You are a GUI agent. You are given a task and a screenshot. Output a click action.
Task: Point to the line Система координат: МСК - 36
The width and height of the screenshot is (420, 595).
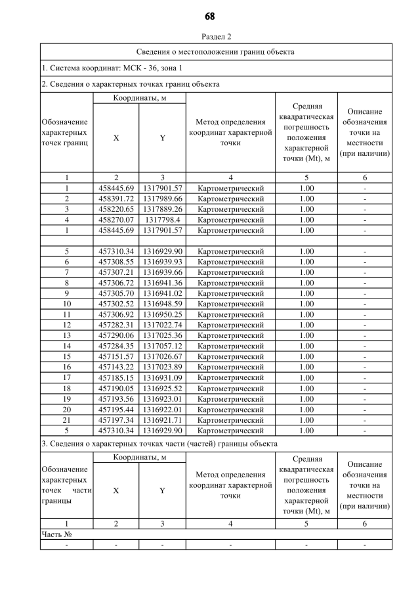pos(112,68)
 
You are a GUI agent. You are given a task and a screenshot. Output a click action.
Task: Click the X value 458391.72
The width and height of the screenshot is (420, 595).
pos(115,199)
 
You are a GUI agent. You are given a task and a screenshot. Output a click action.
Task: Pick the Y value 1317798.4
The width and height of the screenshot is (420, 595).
pos(162,220)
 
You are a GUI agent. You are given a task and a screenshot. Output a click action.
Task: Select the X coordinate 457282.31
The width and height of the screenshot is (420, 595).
pos(115,325)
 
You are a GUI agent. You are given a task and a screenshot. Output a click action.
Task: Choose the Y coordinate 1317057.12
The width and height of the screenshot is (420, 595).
pos(162,346)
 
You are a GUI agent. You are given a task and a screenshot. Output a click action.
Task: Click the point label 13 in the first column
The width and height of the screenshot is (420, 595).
pos(66,335)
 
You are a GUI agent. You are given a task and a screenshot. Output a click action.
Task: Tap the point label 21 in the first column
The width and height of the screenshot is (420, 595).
pos(66,419)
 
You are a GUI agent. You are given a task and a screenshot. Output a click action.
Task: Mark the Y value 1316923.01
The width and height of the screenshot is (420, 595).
pos(162,398)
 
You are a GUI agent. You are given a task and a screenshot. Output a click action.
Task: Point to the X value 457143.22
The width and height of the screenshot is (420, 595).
pos(115,367)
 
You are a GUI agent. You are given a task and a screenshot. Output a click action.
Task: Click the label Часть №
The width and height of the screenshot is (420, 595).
pos(56,535)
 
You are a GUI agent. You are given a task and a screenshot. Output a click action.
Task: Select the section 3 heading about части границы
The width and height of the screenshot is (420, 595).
pos(159,444)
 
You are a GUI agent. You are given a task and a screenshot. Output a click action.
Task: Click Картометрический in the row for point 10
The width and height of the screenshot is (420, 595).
pos(230,304)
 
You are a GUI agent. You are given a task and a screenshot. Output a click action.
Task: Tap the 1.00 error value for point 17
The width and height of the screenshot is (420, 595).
pos(306,377)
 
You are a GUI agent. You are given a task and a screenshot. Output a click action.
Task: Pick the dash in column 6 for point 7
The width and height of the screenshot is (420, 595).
pos(365,272)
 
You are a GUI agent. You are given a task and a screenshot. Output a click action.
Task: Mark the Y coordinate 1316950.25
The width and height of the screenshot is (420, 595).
pos(162,314)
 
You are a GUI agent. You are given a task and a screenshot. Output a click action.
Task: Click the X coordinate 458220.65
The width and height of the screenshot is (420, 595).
pos(115,209)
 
